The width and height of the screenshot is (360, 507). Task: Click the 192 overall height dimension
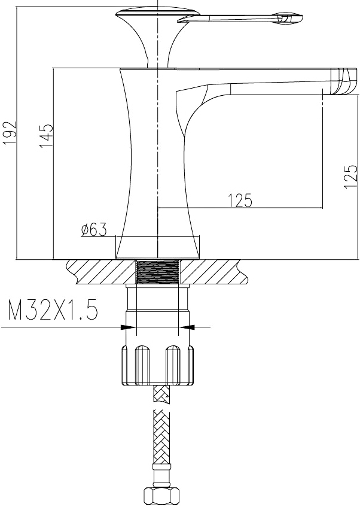coord(9,133)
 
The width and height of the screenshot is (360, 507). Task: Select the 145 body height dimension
coord(46,136)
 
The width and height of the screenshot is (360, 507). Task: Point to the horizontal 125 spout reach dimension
coord(240,201)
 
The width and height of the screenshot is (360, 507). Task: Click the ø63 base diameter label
coord(94,230)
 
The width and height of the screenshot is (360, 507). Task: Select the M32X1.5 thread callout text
coord(53,309)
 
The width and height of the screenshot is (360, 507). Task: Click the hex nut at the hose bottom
coord(157,497)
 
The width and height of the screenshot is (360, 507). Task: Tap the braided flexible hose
coord(161,443)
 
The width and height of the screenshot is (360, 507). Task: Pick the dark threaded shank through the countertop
coord(158,272)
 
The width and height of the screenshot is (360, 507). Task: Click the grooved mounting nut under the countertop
coord(158,365)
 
